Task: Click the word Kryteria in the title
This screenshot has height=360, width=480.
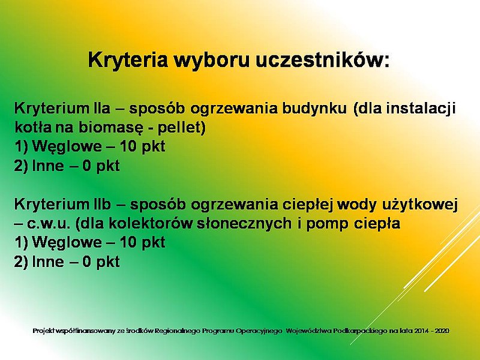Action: click(x=128, y=60)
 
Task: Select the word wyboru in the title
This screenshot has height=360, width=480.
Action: click(x=212, y=61)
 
